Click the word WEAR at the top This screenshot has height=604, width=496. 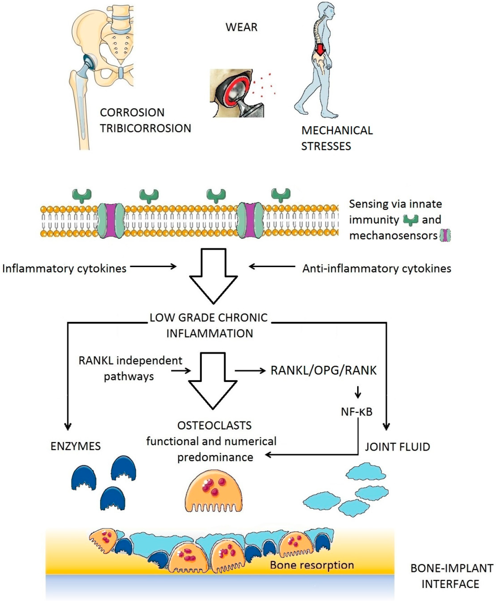[242, 27]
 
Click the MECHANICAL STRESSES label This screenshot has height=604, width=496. [337, 138]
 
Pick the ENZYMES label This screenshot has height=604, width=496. [76, 446]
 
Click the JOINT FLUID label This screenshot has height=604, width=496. [397, 447]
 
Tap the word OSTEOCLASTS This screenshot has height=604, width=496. [214, 425]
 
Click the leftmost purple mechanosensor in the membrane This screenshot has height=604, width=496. [111, 221]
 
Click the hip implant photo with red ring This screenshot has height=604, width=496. [237, 93]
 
